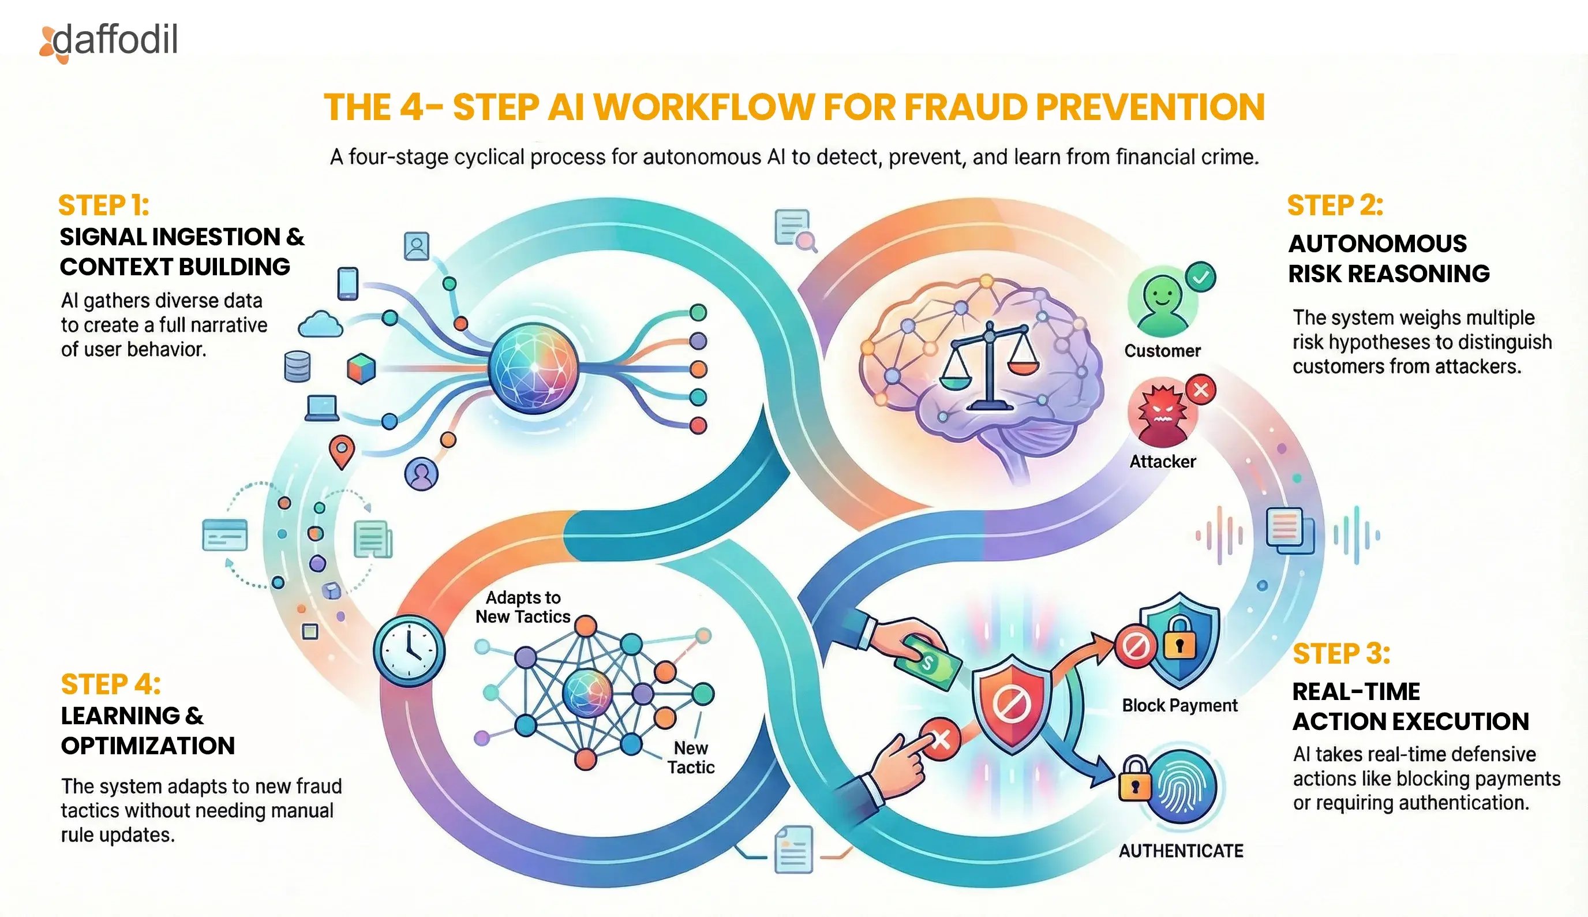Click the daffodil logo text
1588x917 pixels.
tap(115, 40)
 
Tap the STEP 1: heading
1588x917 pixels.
tap(104, 205)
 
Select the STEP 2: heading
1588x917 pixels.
tap(1335, 205)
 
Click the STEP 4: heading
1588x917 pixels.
tap(111, 684)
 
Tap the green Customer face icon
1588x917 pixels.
tap(1162, 305)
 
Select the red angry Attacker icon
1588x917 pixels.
tap(1162, 413)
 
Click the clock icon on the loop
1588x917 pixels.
tap(409, 651)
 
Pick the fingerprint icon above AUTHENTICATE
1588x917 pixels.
tap(1181, 787)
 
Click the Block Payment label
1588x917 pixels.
tap(1179, 705)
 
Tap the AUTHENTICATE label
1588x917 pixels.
tap(1181, 851)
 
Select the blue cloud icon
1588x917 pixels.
tap(320, 324)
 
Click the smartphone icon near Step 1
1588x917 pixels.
tap(347, 283)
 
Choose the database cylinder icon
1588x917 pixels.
tap(297, 366)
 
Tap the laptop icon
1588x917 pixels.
tap(322, 408)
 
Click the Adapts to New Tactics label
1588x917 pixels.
tap(523, 607)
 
